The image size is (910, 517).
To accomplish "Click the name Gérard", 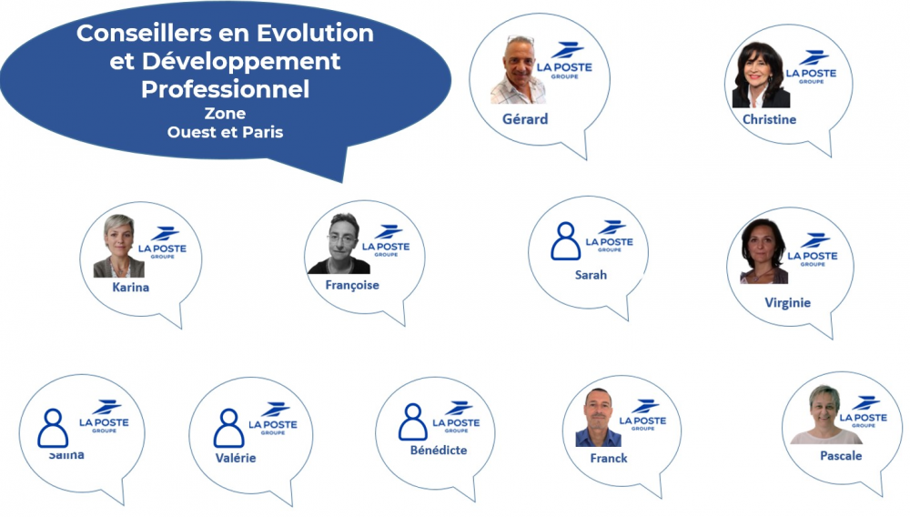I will pyautogui.click(x=525, y=119).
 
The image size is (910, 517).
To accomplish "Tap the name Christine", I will pyautogui.click(x=769, y=119).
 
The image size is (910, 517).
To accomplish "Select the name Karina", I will pyautogui.click(x=131, y=288).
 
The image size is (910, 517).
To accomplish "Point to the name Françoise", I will pyautogui.click(x=352, y=285).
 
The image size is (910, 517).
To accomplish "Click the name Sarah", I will pyautogui.click(x=591, y=274).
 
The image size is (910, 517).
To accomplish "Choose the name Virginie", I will pyautogui.click(x=787, y=302).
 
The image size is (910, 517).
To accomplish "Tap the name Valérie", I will pyautogui.click(x=235, y=458).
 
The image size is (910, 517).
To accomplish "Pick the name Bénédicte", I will pyautogui.click(x=438, y=450).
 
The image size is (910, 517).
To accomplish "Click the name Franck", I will pyautogui.click(x=608, y=458).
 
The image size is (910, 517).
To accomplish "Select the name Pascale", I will pyautogui.click(x=840, y=455).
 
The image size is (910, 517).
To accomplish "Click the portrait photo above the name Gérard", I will pyautogui.click(x=518, y=70).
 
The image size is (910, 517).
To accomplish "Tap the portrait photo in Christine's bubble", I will pyautogui.click(x=761, y=76).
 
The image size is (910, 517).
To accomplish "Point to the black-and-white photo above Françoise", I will pyautogui.click(x=339, y=244).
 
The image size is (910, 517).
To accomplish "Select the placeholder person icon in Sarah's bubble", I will pyautogui.click(x=565, y=241).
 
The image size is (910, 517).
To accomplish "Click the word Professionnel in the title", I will pyautogui.click(x=225, y=89).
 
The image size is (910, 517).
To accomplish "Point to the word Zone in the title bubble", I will pyautogui.click(x=225, y=114).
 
